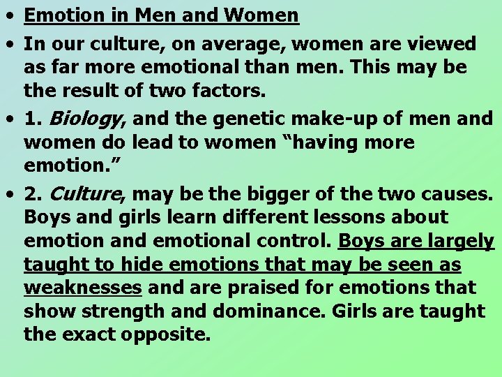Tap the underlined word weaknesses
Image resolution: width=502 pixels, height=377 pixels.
point(83,288)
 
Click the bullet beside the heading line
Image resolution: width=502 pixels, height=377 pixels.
point(12,15)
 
